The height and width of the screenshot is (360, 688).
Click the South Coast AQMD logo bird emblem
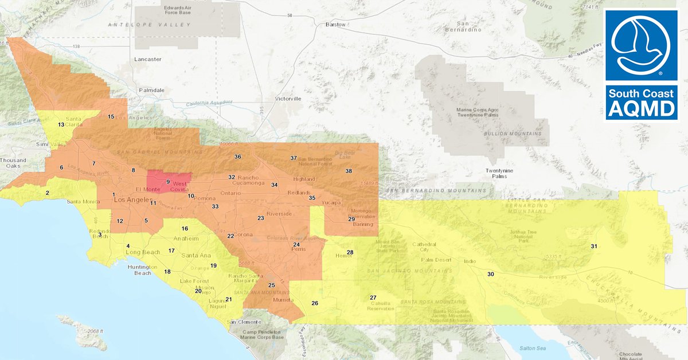641,44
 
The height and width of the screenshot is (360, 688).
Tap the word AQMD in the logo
641,109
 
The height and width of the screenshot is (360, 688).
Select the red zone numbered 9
168,182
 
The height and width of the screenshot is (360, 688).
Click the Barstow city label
335,25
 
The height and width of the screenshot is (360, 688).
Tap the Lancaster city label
147,59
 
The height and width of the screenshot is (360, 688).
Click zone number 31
594,246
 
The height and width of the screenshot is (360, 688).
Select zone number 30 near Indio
490,274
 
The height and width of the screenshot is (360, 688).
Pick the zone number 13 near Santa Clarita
61,124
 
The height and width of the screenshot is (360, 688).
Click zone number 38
348,171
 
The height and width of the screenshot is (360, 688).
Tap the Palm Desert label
437,260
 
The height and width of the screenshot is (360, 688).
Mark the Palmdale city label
151,91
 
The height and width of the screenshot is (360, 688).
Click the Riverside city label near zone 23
279,214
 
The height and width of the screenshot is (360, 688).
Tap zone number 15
111,116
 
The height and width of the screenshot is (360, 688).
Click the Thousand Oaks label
13,163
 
